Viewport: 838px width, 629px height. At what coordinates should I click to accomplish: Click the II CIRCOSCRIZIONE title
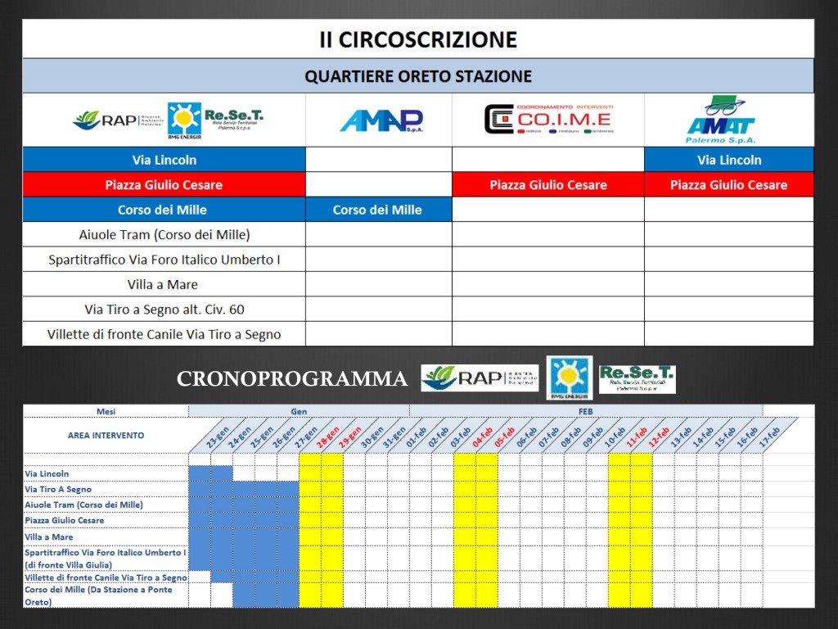pos(418,39)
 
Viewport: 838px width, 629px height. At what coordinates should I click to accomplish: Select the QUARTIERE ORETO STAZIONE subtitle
pos(418,76)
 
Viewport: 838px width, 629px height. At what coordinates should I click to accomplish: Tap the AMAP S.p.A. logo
pos(381,120)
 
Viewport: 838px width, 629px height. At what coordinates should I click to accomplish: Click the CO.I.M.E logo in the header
pos(547,120)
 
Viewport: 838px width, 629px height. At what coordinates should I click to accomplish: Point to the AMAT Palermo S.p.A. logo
pos(722,120)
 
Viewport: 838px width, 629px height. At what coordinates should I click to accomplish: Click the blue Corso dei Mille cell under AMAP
pos(377,210)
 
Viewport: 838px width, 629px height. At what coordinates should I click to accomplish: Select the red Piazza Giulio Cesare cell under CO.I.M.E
pos(548,185)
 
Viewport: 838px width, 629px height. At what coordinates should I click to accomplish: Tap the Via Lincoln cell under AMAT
pos(729,160)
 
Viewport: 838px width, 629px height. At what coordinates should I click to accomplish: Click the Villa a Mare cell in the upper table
pos(164,284)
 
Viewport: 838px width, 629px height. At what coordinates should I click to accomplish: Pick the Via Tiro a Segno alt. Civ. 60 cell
pos(164,310)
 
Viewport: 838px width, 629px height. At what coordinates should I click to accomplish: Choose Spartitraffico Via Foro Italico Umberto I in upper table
pos(164,260)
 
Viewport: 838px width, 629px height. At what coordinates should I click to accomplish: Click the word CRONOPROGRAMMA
pos(292,379)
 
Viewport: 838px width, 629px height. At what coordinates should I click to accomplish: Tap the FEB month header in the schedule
pos(585,411)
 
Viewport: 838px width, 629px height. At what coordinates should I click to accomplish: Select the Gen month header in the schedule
pos(299,411)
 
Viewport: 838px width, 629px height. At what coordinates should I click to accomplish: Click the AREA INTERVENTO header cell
pos(106,435)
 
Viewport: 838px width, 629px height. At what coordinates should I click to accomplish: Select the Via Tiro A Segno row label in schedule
pos(58,489)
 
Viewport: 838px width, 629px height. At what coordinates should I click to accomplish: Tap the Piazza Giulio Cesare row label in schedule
pos(65,520)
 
